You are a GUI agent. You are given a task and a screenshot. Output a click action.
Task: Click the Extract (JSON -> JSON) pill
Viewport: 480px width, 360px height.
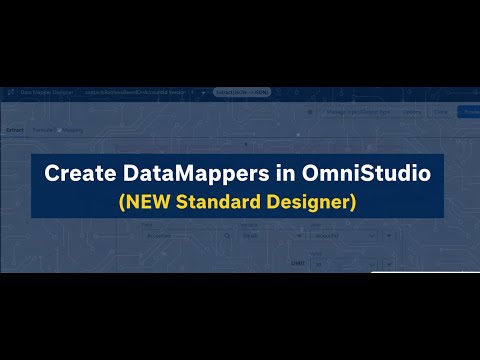(x=243, y=92)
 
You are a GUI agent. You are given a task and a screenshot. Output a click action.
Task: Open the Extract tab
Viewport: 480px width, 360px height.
(x=15, y=130)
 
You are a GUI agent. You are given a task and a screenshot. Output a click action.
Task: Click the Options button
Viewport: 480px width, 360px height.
(x=411, y=112)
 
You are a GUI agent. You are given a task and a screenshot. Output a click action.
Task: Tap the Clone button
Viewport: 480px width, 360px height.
(x=440, y=112)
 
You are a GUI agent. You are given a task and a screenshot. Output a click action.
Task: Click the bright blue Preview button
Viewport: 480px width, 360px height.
(x=468, y=112)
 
